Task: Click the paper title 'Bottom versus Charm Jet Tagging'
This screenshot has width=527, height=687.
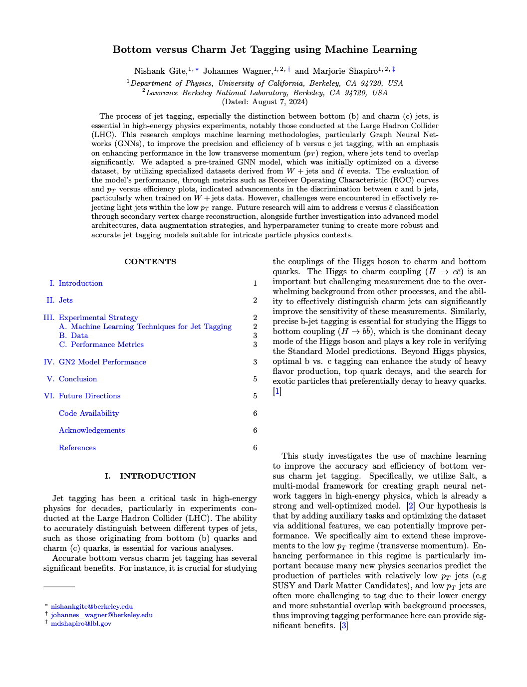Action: click(x=264, y=49)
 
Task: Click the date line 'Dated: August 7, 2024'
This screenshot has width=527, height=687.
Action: click(x=264, y=102)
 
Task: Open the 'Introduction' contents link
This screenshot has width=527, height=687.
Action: click(x=80, y=283)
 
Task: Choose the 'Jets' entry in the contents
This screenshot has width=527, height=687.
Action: click(x=65, y=300)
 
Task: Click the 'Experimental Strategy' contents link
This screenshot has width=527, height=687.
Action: click(x=98, y=318)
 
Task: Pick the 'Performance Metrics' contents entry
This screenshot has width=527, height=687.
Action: click(x=107, y=344)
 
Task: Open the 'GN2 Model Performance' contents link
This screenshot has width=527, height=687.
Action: click(x=102, y=362)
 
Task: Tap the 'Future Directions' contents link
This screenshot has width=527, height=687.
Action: click(x=89, y=396)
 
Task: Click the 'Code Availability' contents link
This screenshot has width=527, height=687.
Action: click(x=89, y=413)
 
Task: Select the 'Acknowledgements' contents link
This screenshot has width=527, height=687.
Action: click(x=92, y=430)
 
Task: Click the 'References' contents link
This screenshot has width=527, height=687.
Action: click(x=77, y=448)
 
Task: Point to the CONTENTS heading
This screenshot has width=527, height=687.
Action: click(x=150, y=262)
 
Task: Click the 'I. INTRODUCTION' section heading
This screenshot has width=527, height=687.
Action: click(x=150, y=476)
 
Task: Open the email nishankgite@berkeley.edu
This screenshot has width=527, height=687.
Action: click(x=92, y=607)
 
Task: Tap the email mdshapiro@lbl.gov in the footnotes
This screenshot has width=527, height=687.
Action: click(x=81, y=624)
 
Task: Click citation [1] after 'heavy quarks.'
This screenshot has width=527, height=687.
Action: click(x=277, y=391)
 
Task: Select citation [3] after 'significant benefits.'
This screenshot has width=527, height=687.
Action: click(x=343, y=626)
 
